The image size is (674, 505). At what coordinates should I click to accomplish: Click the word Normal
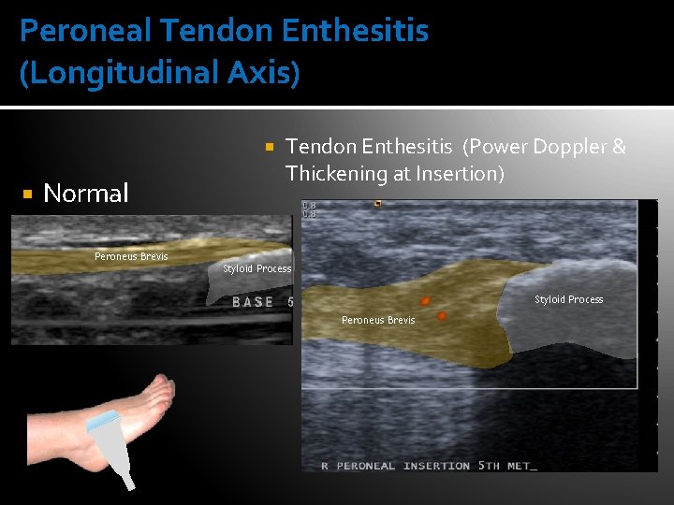click(x=86, y=194)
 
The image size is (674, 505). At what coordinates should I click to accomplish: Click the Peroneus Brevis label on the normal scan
click(x=131, y=256)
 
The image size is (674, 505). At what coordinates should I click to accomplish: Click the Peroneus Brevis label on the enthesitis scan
click(x=378, y=321)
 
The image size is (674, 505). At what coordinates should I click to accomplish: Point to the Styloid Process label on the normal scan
click(x=257, y=269)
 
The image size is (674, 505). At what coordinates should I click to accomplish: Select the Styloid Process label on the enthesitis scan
click(x=569, y=300)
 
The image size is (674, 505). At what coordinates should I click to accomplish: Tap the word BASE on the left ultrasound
click(x=253, y=302)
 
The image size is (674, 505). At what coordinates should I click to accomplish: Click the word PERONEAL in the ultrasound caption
click(x=366, y=466)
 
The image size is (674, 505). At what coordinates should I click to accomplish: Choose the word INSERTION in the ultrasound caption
click(x=437, y=466)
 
